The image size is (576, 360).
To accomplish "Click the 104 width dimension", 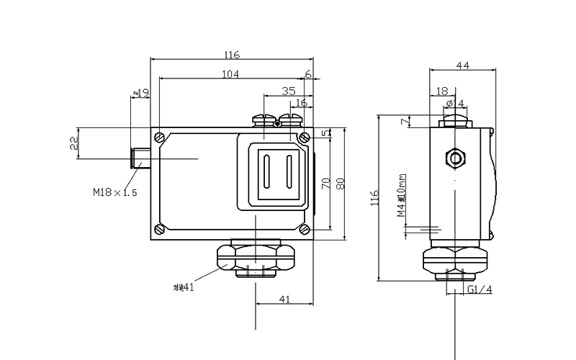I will point(230,74).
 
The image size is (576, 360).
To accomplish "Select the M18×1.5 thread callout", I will point(114,192).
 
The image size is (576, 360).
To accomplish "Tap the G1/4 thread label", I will point(480,290).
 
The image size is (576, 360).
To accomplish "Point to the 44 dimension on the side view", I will point(462,66).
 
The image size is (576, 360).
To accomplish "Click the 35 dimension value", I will point(288,91).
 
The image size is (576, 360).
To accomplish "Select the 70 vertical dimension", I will point(325,184).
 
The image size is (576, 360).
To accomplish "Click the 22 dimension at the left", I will point(74,143).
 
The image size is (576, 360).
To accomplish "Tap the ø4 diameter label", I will point(455,104).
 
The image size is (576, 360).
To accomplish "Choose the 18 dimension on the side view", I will point(441,91).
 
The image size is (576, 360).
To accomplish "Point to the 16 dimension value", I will point(302,103).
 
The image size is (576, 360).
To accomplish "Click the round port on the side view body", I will point(455,157).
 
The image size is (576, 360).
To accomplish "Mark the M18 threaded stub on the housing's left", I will point(140,157).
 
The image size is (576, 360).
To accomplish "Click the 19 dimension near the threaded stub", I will point(143,93).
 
